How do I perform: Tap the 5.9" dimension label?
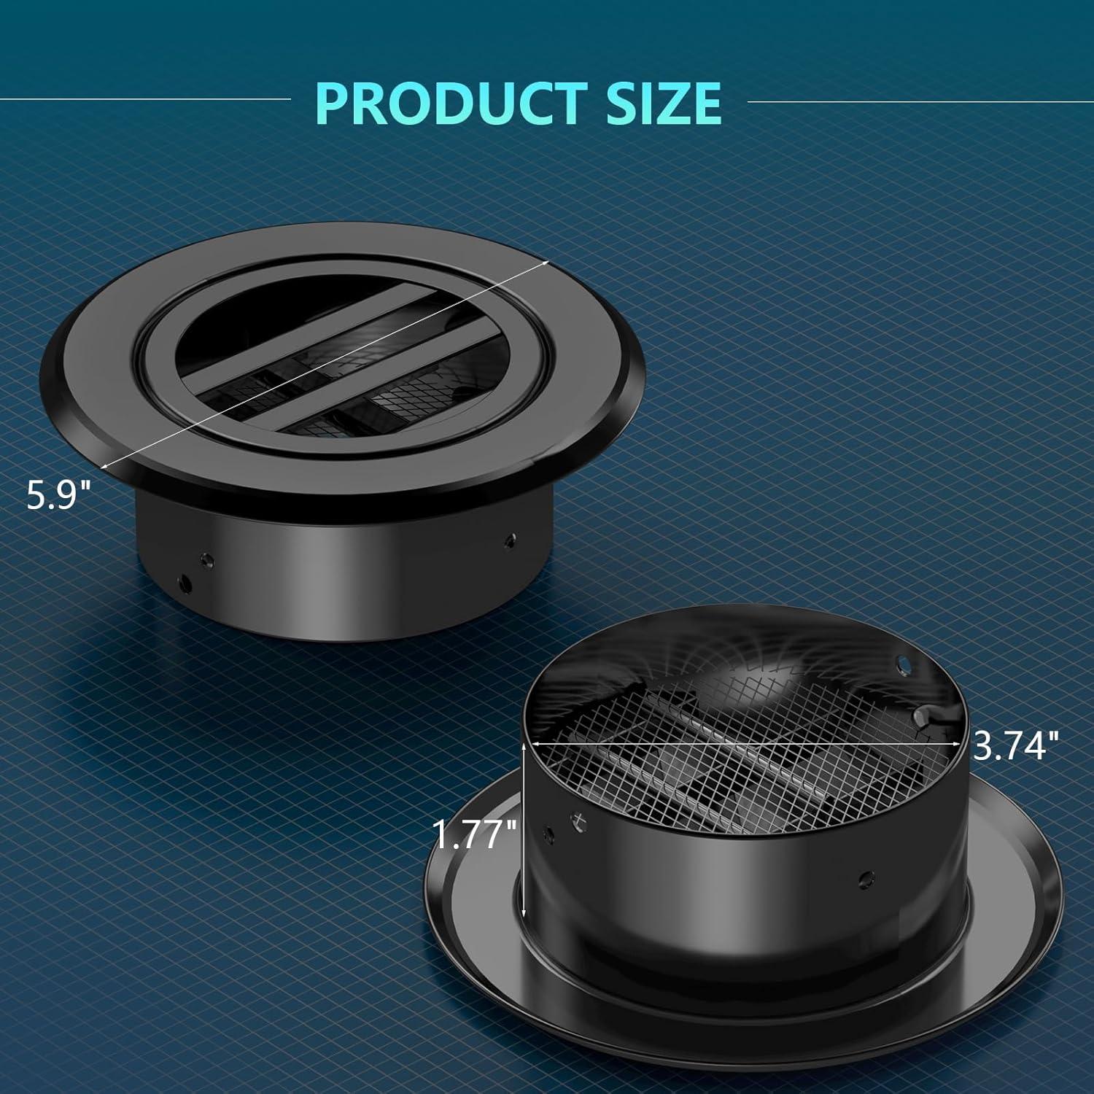[58, 495]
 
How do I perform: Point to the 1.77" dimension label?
[474, 833]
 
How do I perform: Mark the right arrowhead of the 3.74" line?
[956, 743]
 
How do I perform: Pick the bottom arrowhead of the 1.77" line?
[524, 913]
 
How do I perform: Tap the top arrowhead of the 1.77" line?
[524, 747]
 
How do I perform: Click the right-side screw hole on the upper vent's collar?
[508, 540]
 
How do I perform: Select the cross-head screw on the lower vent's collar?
[578, 822]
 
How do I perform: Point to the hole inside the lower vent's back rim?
[904, 663]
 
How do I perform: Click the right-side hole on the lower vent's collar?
[866, 877]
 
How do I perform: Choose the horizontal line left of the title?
[146, 98]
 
